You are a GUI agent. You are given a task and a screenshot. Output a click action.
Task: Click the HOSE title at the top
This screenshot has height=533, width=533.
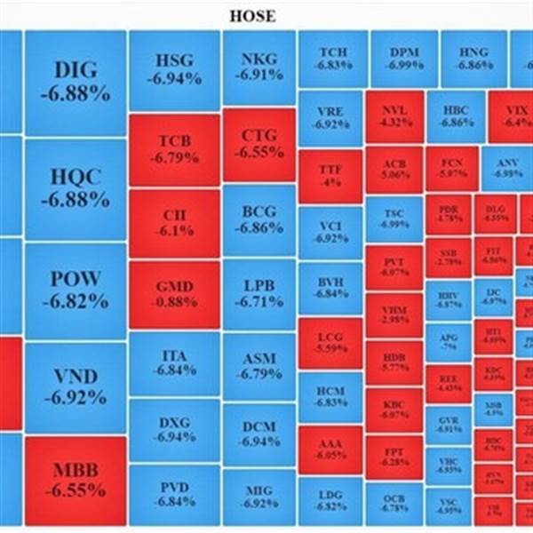pyautogui.click(x=253, y=16)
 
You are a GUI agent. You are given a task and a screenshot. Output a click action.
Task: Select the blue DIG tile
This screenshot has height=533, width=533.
pyautogui.click(x=76, y=82)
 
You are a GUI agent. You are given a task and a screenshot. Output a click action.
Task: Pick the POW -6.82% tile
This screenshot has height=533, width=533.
pyautogui.click(x=76, y=290)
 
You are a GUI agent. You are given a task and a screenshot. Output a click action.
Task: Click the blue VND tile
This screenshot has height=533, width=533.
pyautogui.click(x=76, y=387)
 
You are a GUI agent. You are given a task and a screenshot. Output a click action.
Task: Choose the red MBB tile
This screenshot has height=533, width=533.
pyautogui.click(x=76, y=480)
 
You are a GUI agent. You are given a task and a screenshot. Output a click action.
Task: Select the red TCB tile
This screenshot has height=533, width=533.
pyautogui.click(x=173, y=149)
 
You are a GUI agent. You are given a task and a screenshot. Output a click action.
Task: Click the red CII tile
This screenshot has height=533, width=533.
pyautogui.click(x=173, y=222)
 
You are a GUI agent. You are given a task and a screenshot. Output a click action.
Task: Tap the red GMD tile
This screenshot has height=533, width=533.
pyautogui.click(x=173, y=295)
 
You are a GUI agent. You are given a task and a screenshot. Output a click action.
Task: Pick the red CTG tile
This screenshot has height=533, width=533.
pyautogui.click(x=259, y=144)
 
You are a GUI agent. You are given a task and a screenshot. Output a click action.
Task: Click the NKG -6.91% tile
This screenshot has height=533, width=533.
pyautogui.click(x=259, y=68)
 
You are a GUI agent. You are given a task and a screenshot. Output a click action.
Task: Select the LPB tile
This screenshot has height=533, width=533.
pyautogui.click(x=259, y=293)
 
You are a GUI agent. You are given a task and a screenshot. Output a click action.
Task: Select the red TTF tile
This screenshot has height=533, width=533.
pyautogui.click(x=330, y=175)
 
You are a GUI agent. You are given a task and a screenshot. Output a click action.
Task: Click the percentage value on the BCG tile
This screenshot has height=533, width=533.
pyautogui.click(x=259, y=228)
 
